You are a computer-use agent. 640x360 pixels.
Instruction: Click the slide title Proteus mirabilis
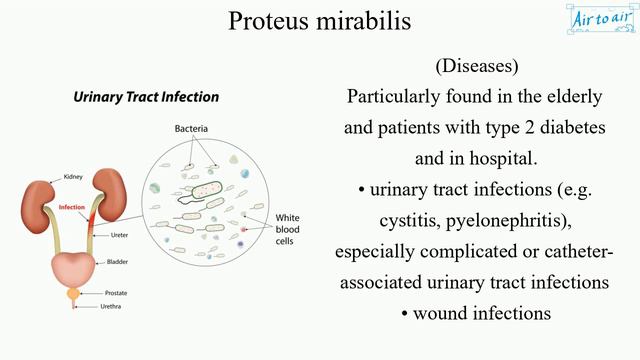pos(319,21)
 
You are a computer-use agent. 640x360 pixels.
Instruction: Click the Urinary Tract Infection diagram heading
pos(146,97)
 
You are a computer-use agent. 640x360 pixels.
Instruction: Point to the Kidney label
pos(73,176)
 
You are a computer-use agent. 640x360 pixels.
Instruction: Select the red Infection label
pos(72,208)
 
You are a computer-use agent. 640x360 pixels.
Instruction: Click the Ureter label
pos(117,235)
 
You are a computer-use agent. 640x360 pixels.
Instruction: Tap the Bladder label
pos(117,262)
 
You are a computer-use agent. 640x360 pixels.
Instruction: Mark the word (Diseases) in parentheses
pos(476,66)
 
